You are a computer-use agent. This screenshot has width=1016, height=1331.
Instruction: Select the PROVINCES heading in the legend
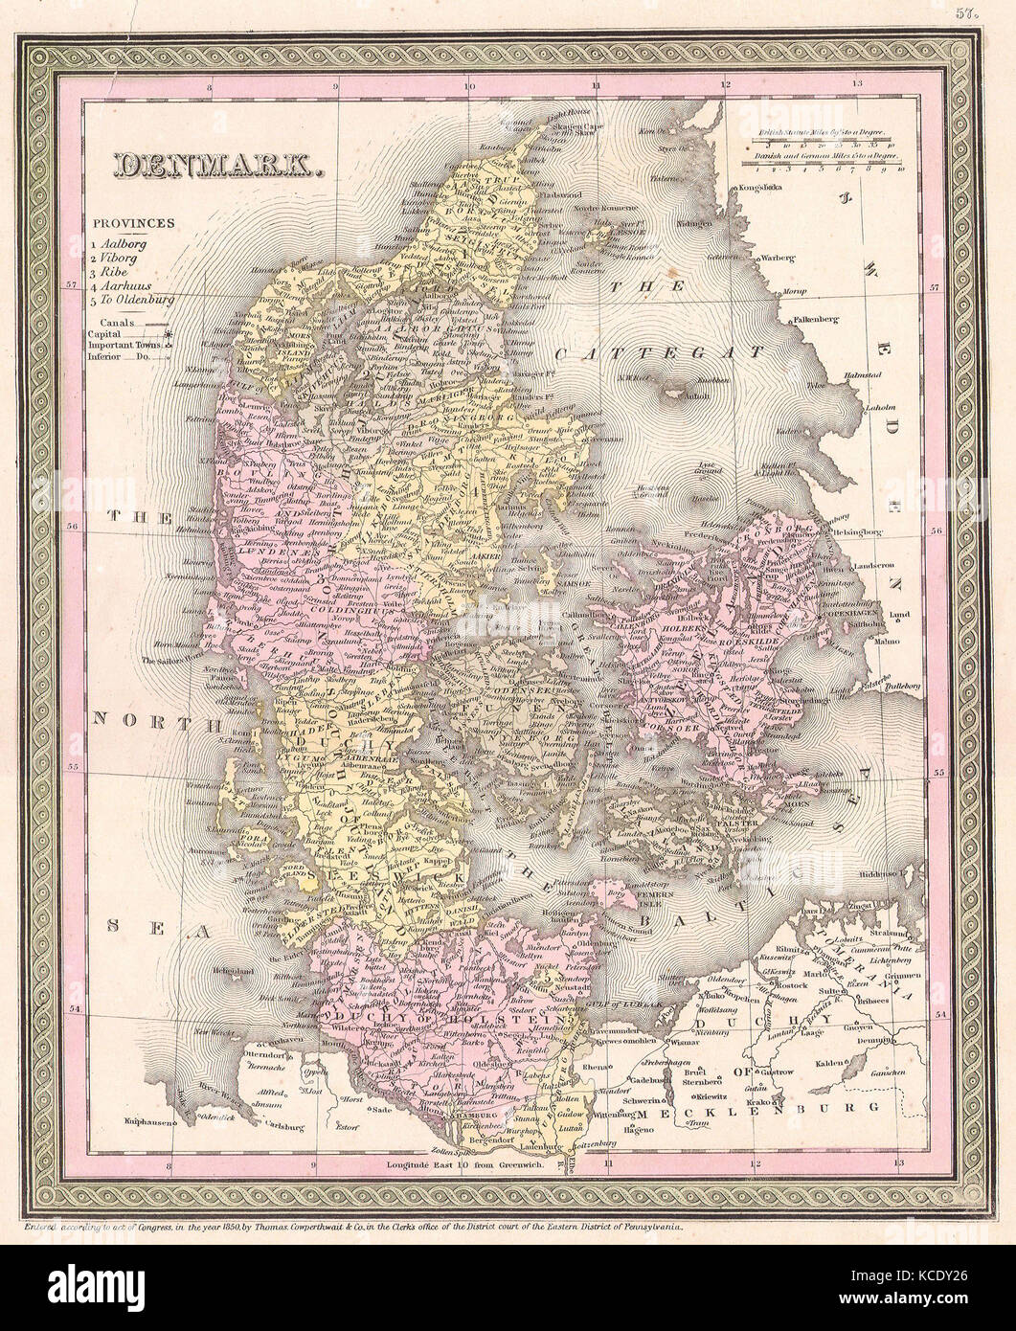click(133, 222)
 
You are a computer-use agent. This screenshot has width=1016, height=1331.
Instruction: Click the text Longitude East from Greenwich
click(466, 1166)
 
